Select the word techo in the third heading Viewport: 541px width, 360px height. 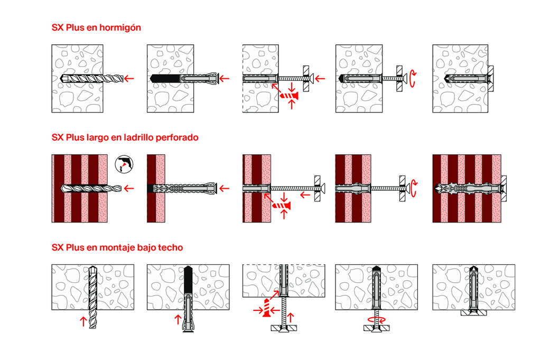(x=171, y=247)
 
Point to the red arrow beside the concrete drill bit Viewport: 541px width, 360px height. (x=128, y=78)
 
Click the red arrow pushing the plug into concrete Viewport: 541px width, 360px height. (x=225, y=78)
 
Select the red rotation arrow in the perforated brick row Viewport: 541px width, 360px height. (x=414, y=188)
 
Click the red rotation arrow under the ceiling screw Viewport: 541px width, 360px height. (x=375, y=319)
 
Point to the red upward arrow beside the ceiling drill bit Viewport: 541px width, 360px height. (x=82, y=320)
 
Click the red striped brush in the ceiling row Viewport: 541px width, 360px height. (x=270, y=308)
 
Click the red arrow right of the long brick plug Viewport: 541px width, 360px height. (x=225, y=188)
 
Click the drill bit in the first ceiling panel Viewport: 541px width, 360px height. (x=94, y=296)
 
